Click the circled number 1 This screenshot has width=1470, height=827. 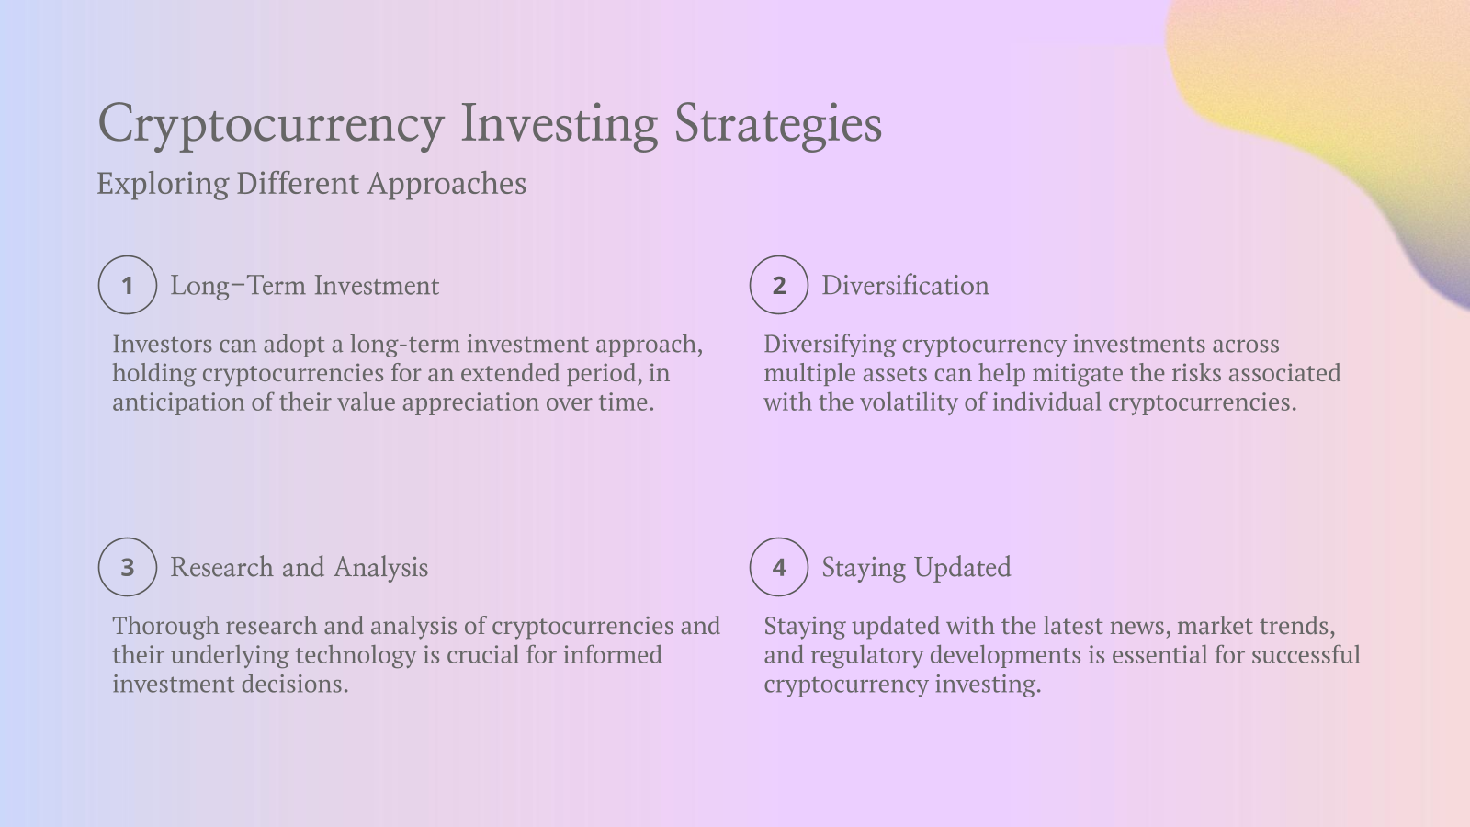coord(128,285)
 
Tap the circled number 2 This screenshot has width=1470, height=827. coord(779,285)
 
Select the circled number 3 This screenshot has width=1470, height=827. coord(128,567)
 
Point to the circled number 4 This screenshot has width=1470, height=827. coord(779,567)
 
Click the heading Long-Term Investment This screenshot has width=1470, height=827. coord(304,286)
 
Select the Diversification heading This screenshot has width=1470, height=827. coord(905,286)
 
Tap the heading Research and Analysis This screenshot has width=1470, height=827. coord(299,568)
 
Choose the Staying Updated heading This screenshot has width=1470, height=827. coord(916,568)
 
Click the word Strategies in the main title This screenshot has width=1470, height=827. coord(778,124)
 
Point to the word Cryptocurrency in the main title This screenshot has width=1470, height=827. coord(271,124)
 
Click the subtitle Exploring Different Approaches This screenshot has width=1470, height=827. coord(311,184)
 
